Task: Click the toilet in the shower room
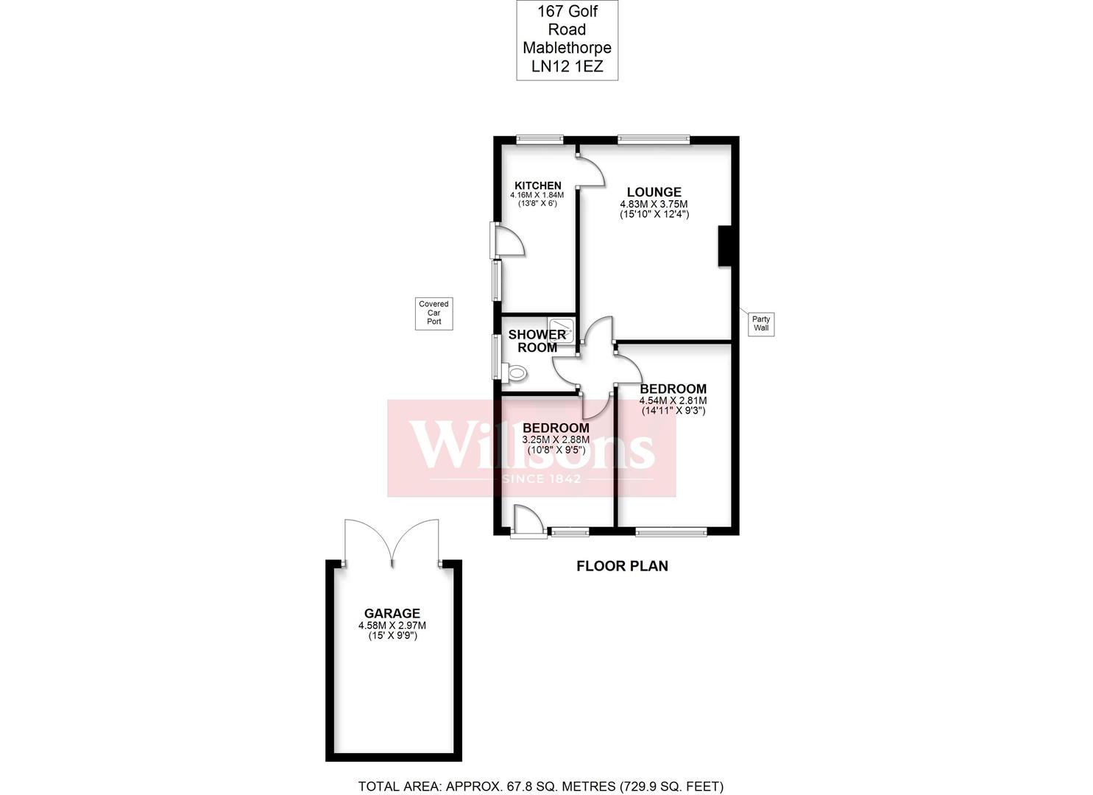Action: click(514, 373)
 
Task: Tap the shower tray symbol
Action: click(561, 331)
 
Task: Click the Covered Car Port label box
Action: click(434, 314)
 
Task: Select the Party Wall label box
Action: click(761, 324)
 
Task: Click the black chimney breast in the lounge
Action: click(724, 246)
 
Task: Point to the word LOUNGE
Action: click(654, 192)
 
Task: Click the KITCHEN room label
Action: click(538, 185)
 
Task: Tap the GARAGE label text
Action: click(392, 613)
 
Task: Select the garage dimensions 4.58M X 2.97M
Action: click(392, 625)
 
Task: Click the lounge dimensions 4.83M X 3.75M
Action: click(654, 204)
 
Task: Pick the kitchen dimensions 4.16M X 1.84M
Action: click(537, 195)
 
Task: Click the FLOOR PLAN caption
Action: click(622, 566)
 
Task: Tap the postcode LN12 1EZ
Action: click(567, 66)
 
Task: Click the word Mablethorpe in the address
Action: click(567, 48)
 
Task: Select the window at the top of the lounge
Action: click(654, 140)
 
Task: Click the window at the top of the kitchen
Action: click(540, 140)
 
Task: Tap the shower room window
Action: click(497, 357)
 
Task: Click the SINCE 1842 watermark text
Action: click(542, 478)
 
